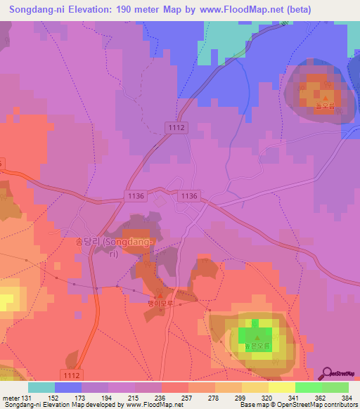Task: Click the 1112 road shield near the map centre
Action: click(176, 126)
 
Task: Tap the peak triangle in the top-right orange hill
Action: click(325, 96)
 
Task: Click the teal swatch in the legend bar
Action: click(41, 387)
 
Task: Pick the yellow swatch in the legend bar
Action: click(281, 387)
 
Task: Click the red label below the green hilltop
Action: click(257, 346)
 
